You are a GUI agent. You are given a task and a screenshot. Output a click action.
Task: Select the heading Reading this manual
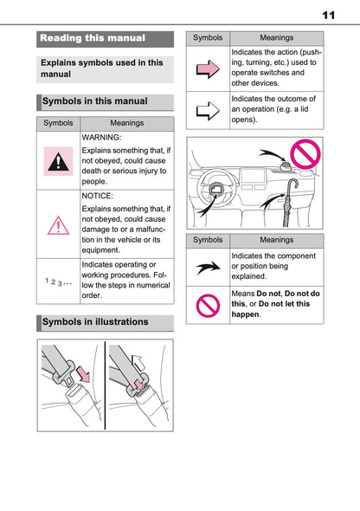pos(93,38)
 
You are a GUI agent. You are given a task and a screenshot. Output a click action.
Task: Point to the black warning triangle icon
pos(59,161)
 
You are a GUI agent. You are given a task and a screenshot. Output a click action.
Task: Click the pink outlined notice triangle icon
pos(59,225)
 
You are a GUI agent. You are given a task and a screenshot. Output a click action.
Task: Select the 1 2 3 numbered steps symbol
pos(58,281)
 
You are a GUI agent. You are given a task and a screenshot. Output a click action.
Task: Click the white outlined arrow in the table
pos(208,110)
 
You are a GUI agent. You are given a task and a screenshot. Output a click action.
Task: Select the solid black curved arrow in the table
pos(208,267)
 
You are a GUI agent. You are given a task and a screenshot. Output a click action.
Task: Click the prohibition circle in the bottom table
pos(208,305)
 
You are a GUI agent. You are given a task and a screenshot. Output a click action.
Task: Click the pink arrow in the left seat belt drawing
pos(81,374)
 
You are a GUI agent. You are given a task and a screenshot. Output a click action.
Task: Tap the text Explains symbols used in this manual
pos(104,68)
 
